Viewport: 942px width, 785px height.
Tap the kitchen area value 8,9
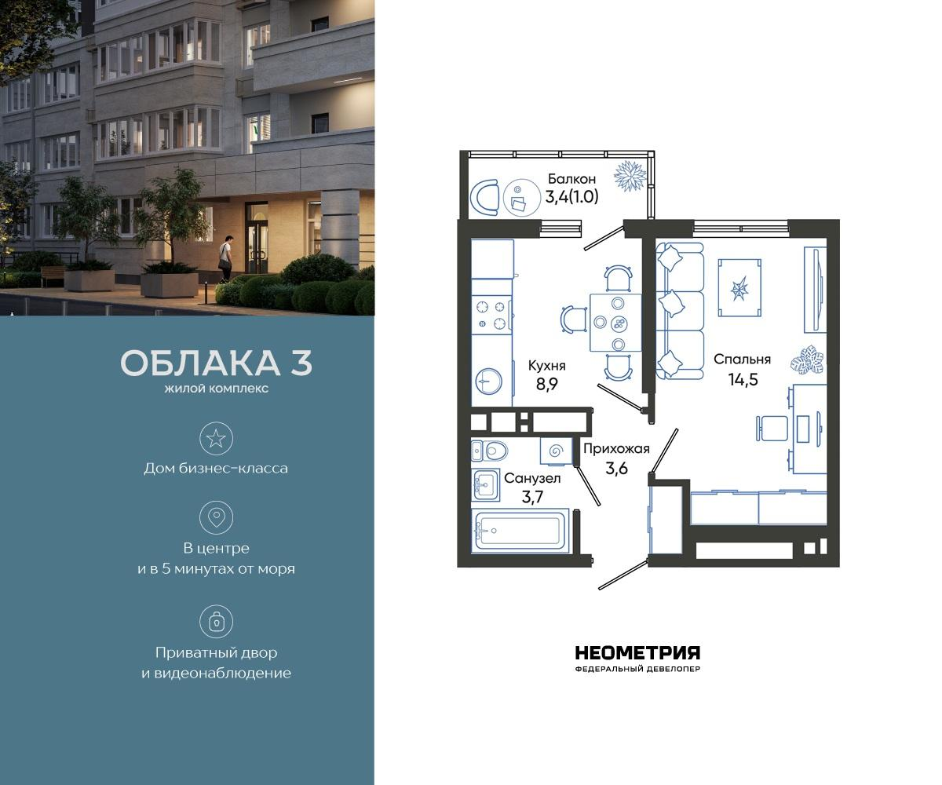click(547, 385)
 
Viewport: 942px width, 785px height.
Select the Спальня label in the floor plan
click(742, 359)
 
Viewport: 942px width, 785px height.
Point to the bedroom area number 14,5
click(742, 378)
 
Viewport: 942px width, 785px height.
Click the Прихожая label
click(616, 448)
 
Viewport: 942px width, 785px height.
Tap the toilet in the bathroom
click(491, 450)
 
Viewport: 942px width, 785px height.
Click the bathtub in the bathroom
click(520, 531)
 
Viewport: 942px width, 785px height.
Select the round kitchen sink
click(489, 382)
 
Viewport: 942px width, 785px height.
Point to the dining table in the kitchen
click(615, 322)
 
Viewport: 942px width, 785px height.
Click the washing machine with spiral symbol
click(557, 451)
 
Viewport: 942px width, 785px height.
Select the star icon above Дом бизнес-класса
click(216, 438)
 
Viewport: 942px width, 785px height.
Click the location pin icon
click(216, 517)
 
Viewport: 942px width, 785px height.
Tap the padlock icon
click(216, 622)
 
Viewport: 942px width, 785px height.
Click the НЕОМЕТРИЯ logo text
click(637, 653)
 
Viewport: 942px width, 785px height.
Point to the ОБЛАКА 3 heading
click(216, 363)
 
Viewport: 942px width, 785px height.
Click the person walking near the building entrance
click(226, 257)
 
